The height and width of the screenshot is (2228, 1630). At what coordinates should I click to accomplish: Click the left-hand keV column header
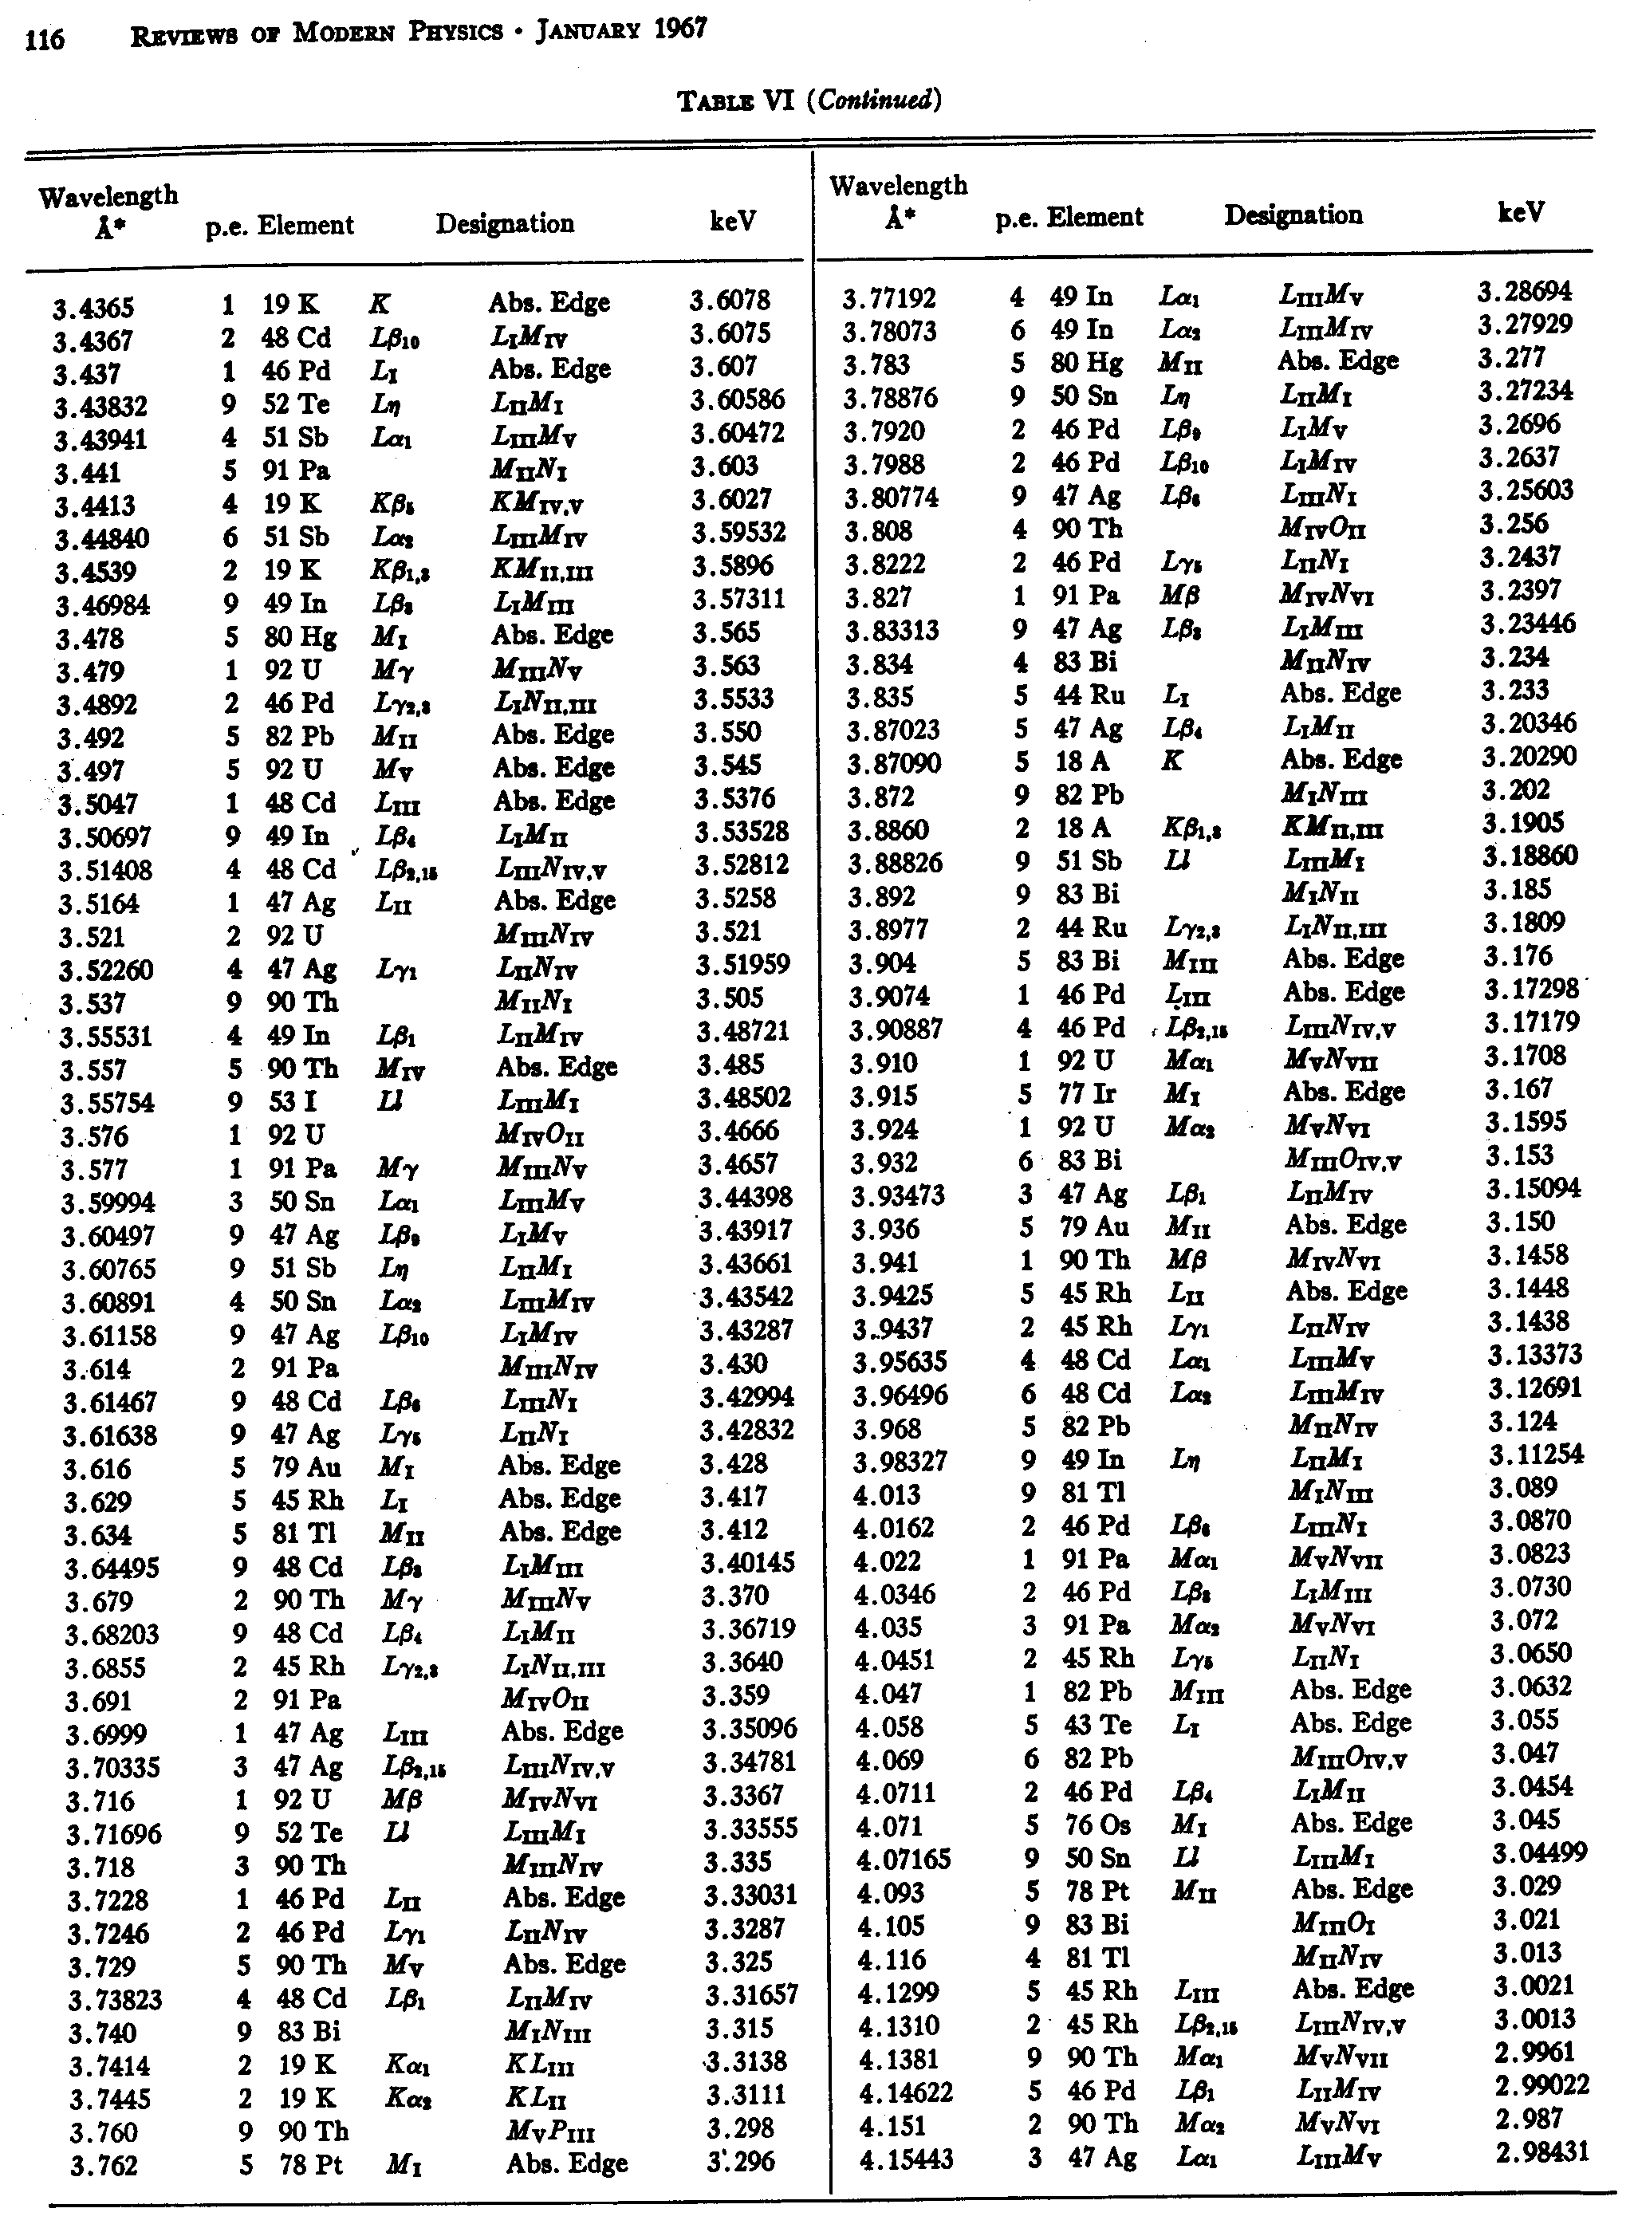tap(733, 222)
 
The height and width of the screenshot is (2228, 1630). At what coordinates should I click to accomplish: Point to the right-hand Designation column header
tap(1293, 215)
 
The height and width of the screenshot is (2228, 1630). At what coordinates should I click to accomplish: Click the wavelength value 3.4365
tap(94, 309)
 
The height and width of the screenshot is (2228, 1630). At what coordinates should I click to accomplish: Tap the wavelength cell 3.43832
tap(100, 407)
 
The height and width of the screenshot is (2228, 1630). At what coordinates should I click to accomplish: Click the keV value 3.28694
tap(1525, 292)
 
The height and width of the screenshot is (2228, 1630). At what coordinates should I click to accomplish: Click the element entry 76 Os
tap(1097, 1825)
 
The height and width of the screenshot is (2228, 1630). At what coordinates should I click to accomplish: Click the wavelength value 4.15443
tap(906, 2160)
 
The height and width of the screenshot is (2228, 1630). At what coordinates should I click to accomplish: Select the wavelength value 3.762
tap(104, 2166)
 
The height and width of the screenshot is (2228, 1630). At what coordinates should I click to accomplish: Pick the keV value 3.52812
tap(742, 865)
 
